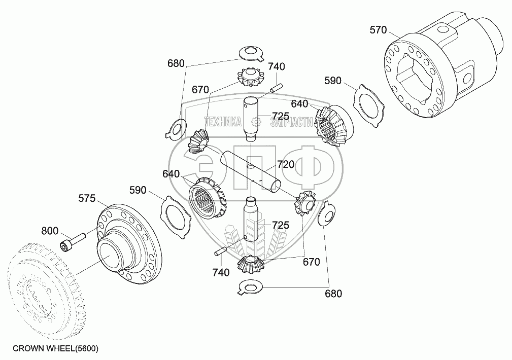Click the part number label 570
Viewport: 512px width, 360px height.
(x=378, y=30)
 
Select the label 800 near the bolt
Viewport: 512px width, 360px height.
(x=50, y=230)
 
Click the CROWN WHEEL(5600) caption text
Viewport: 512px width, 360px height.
(x=55, y=348)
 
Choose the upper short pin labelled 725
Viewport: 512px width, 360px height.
(x=250, y=120)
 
